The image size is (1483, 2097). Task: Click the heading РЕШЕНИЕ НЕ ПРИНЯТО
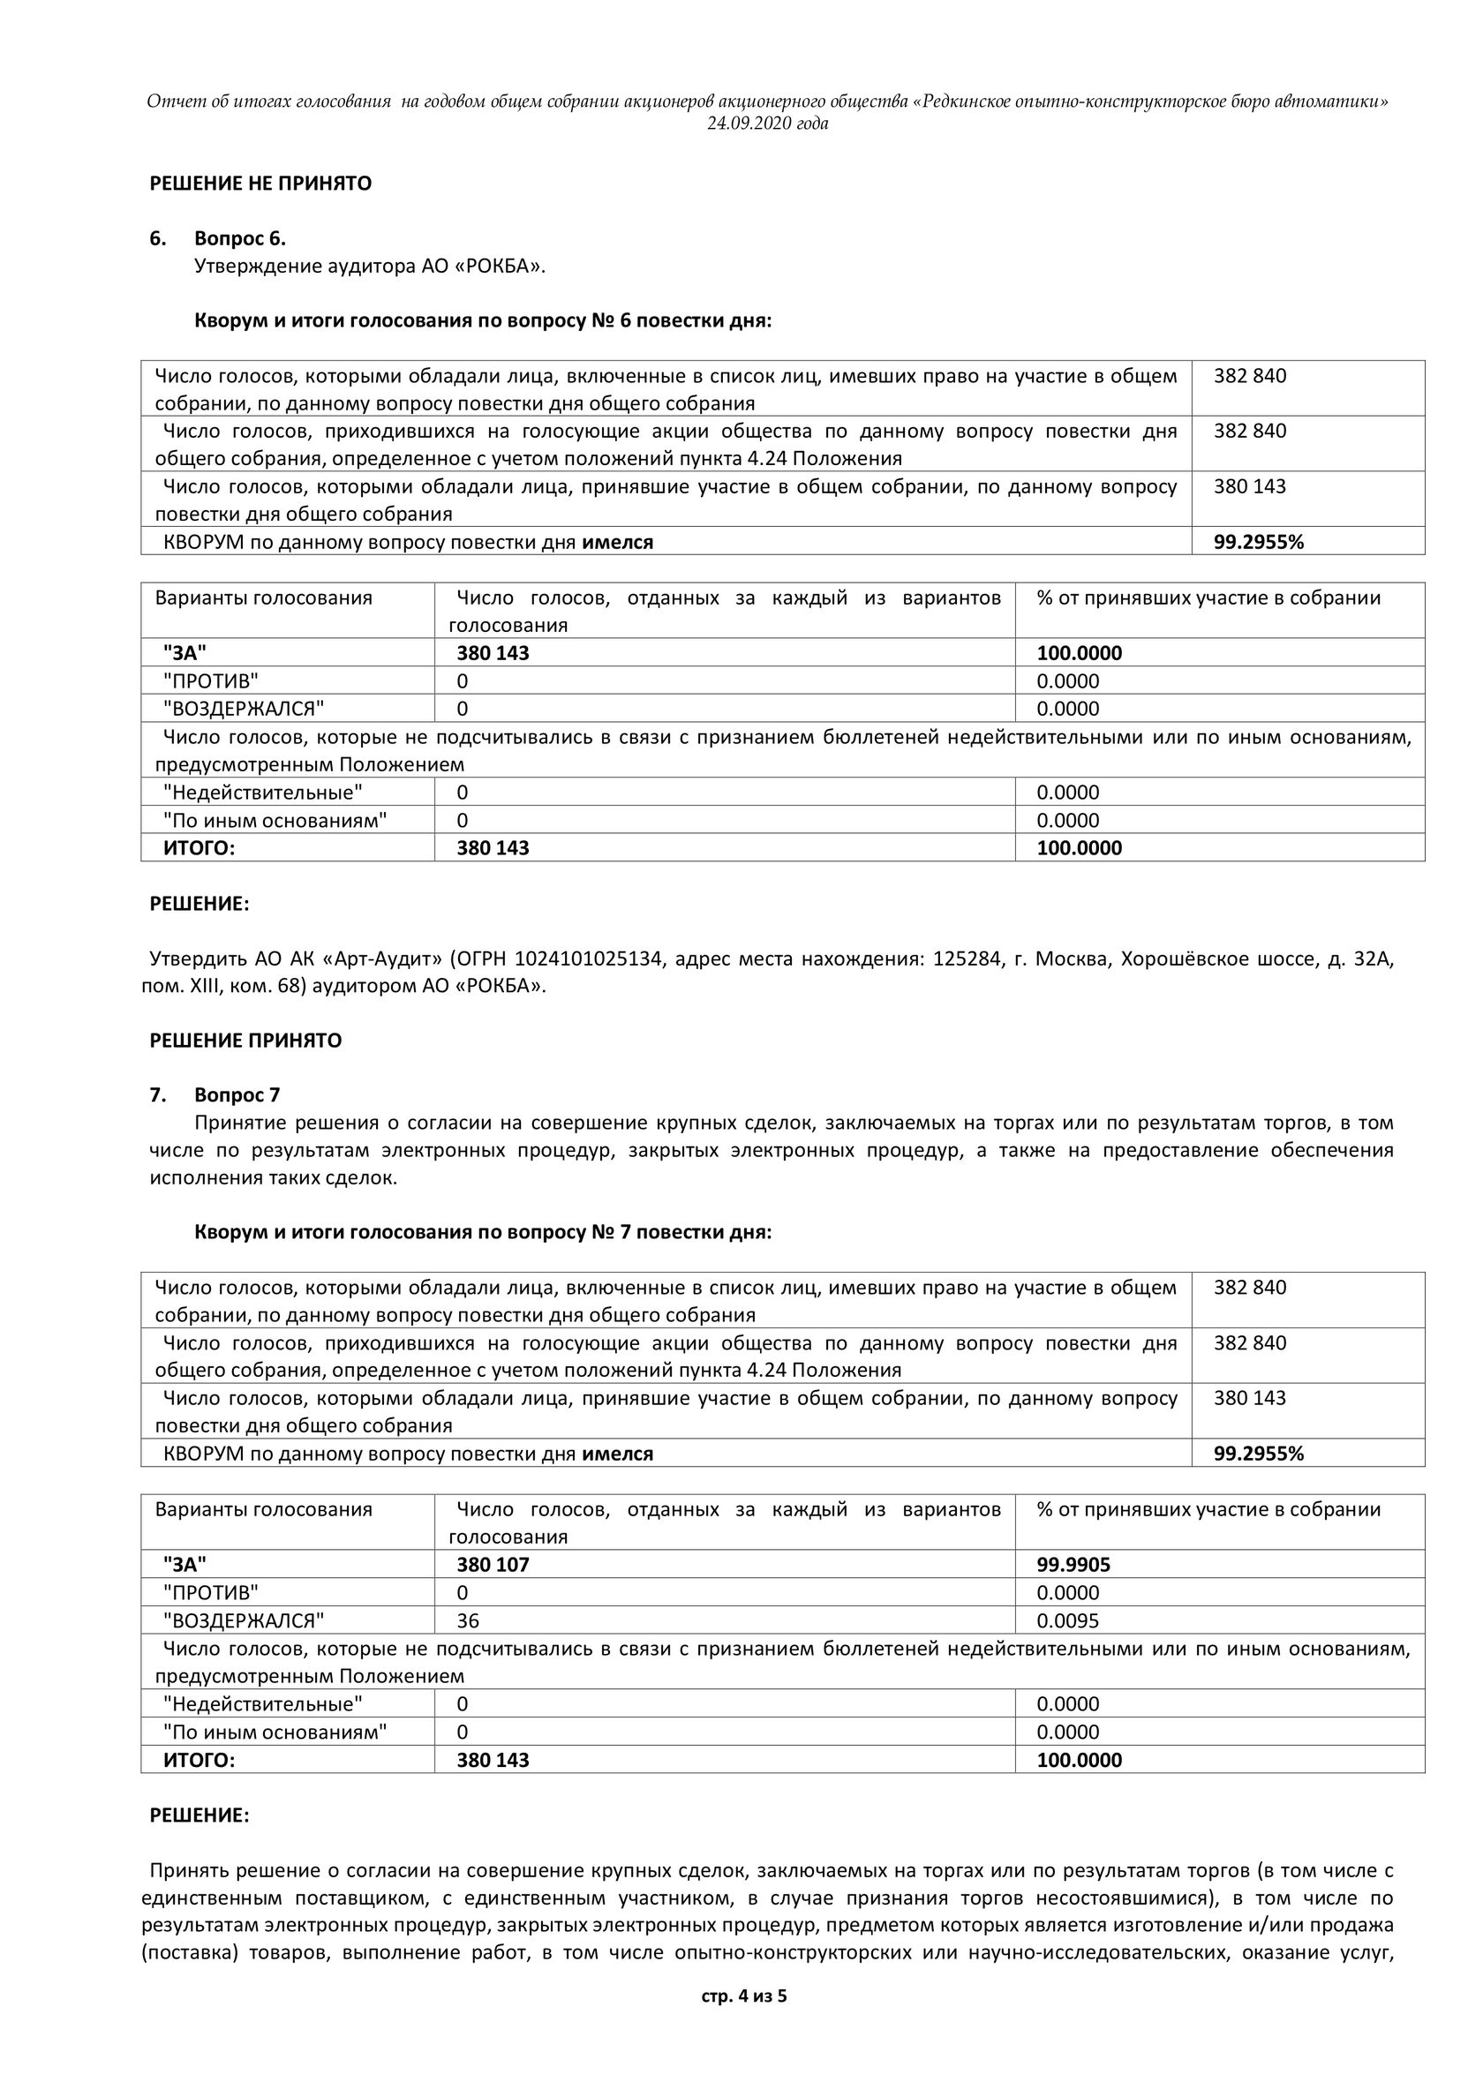tap(260, 184)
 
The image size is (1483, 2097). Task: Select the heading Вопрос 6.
tap(239, 239)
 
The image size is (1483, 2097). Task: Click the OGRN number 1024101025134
tap(588, 959)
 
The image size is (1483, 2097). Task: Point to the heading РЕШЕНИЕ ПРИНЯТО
tap(245, 1041)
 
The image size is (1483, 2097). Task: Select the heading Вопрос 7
tap(237, 1095)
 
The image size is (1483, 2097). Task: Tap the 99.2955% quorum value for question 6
tap(1257, 543)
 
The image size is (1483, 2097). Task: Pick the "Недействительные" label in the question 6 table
tap(262, 793)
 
